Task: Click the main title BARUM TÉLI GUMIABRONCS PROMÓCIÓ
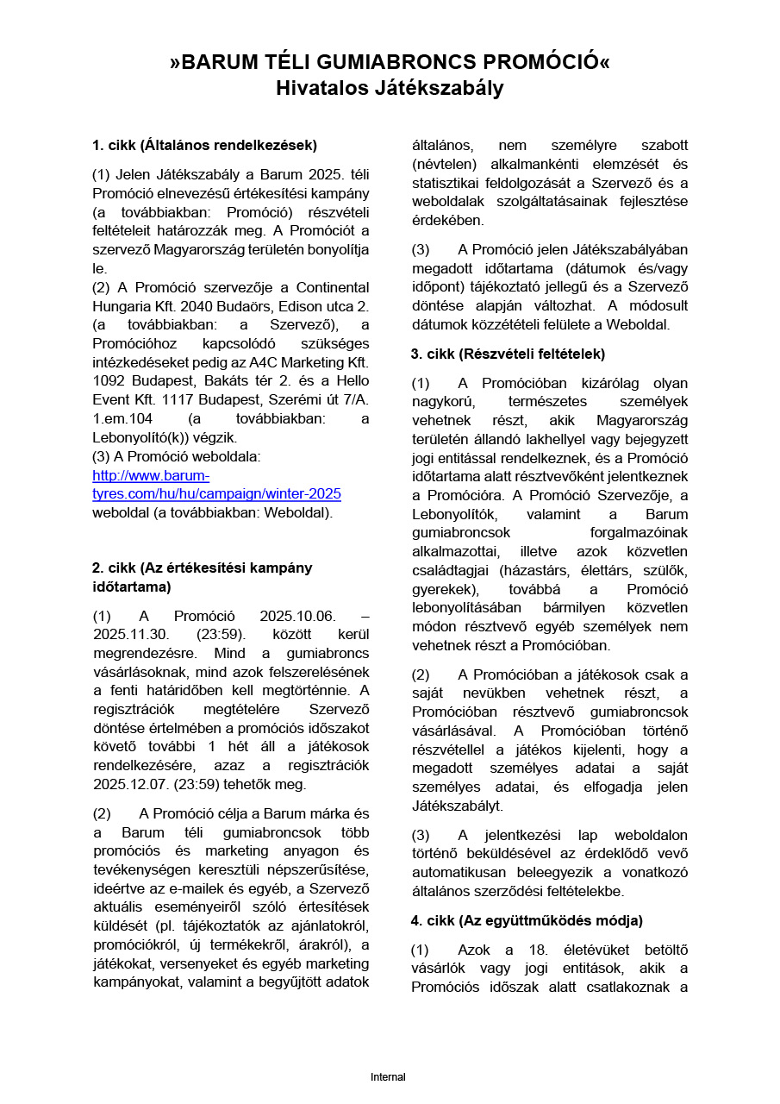pyautogui.click(x=390, y=62)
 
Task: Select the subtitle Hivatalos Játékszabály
pyautogui.click(x=390, y=88)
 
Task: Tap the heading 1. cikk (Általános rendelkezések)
pyautogui.click(x=204, y=145)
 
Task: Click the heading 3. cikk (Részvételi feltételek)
pyautogui.click(x=509, y=354)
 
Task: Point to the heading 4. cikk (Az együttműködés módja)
pyautogui.click(x=527, y=920)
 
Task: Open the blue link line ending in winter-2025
pyautogui.click(x=216, y=494)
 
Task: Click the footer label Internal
pyautogui.click(x=388, y=1077)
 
